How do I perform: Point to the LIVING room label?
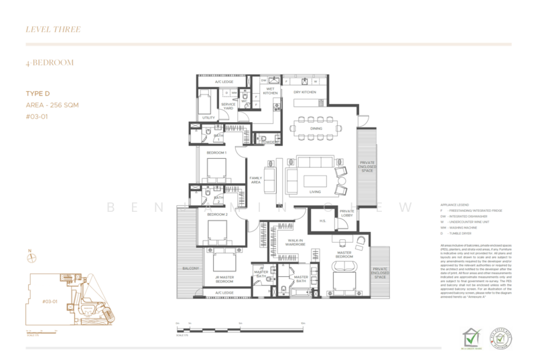click(315, 192)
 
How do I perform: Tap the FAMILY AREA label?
click(255, 180)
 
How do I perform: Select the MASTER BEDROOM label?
click(344, 255)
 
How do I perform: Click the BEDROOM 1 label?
click(216, 153)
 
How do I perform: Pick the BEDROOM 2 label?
click(216, 214)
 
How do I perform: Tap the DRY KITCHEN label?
click(305, 92)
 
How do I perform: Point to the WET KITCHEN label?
click(270, 92)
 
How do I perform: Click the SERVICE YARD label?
click(228, 107)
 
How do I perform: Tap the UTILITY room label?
click(208, 117)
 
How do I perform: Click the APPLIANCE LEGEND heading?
click(454, 204)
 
